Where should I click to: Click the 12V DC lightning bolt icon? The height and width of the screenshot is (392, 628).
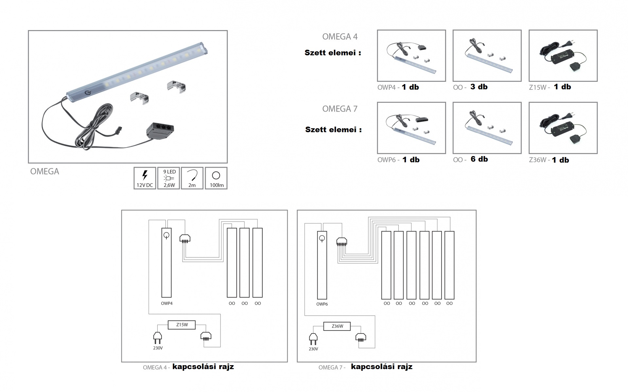[145, 175]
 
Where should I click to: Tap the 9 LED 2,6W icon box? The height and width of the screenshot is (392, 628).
[169, 178]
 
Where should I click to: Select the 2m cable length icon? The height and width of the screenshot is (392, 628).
[192, 178]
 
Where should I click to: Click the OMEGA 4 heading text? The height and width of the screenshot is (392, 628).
[340, 37]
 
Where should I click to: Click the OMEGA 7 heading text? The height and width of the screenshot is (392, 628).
[340, 109]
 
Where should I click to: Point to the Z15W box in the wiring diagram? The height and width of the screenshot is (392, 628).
[182, 325]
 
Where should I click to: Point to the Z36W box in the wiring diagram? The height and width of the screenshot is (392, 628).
[337, 326]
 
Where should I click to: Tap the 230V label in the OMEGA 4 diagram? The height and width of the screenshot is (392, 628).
[158, 348]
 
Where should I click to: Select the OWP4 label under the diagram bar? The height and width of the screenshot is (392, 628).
[166, 303]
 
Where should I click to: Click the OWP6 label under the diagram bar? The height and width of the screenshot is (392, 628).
[322, 304]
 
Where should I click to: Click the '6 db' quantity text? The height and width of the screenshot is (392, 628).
[479, 159]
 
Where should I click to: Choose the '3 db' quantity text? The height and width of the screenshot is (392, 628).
[479, 87]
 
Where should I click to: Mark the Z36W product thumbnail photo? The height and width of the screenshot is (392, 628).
[563, 128]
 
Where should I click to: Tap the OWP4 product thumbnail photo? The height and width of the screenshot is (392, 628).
[411, 56]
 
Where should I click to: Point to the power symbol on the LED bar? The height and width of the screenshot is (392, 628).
[87, 93]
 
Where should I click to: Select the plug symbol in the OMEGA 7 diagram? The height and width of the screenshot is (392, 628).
[313, 339]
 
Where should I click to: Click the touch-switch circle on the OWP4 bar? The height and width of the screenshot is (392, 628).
[166, 235]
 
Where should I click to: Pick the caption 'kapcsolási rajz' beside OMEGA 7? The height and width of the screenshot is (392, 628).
[381, 367]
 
